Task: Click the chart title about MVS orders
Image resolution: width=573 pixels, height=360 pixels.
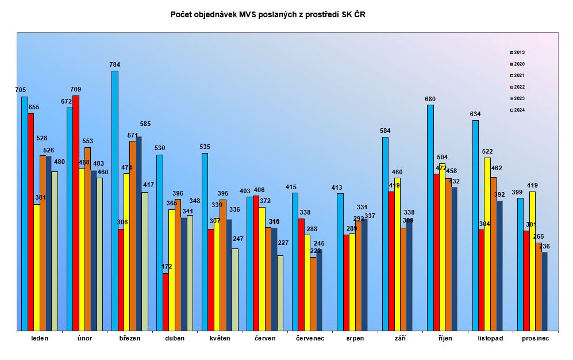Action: pos(268,14)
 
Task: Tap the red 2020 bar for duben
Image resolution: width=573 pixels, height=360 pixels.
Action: pos(166,302)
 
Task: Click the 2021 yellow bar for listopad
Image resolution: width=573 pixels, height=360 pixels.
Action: pos(487,244)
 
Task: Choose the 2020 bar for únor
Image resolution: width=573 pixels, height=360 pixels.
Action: pos(76,213)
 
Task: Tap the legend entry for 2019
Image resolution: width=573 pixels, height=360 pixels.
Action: pos(517,52)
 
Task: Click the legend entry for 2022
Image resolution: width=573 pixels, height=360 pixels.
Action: pos(517,87)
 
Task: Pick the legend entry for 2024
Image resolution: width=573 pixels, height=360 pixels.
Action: pos(517,110)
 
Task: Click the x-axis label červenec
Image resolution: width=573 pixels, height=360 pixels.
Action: pos(310,338)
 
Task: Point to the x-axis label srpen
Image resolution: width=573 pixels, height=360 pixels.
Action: pos(355,338)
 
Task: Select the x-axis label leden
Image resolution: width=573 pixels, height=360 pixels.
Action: pos(40,338)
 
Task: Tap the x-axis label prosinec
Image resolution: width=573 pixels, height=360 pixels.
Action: pos(535,338)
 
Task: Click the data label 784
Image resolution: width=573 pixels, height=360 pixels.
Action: pos(115,64)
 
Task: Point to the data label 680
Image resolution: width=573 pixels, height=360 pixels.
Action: pos(430,99)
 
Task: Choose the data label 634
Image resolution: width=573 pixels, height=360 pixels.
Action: pos(475,114)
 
